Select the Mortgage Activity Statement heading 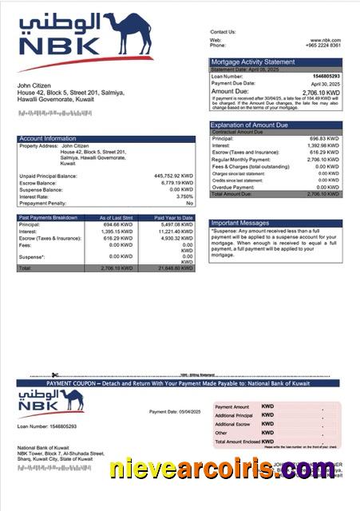click(253, 61)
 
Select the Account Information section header click(48, 139)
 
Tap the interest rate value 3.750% click(184, 196)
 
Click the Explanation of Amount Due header click(256, 125)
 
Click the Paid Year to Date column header click(173, 217)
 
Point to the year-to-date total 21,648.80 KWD click(175, 268)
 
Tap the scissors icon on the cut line click(54, 374)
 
